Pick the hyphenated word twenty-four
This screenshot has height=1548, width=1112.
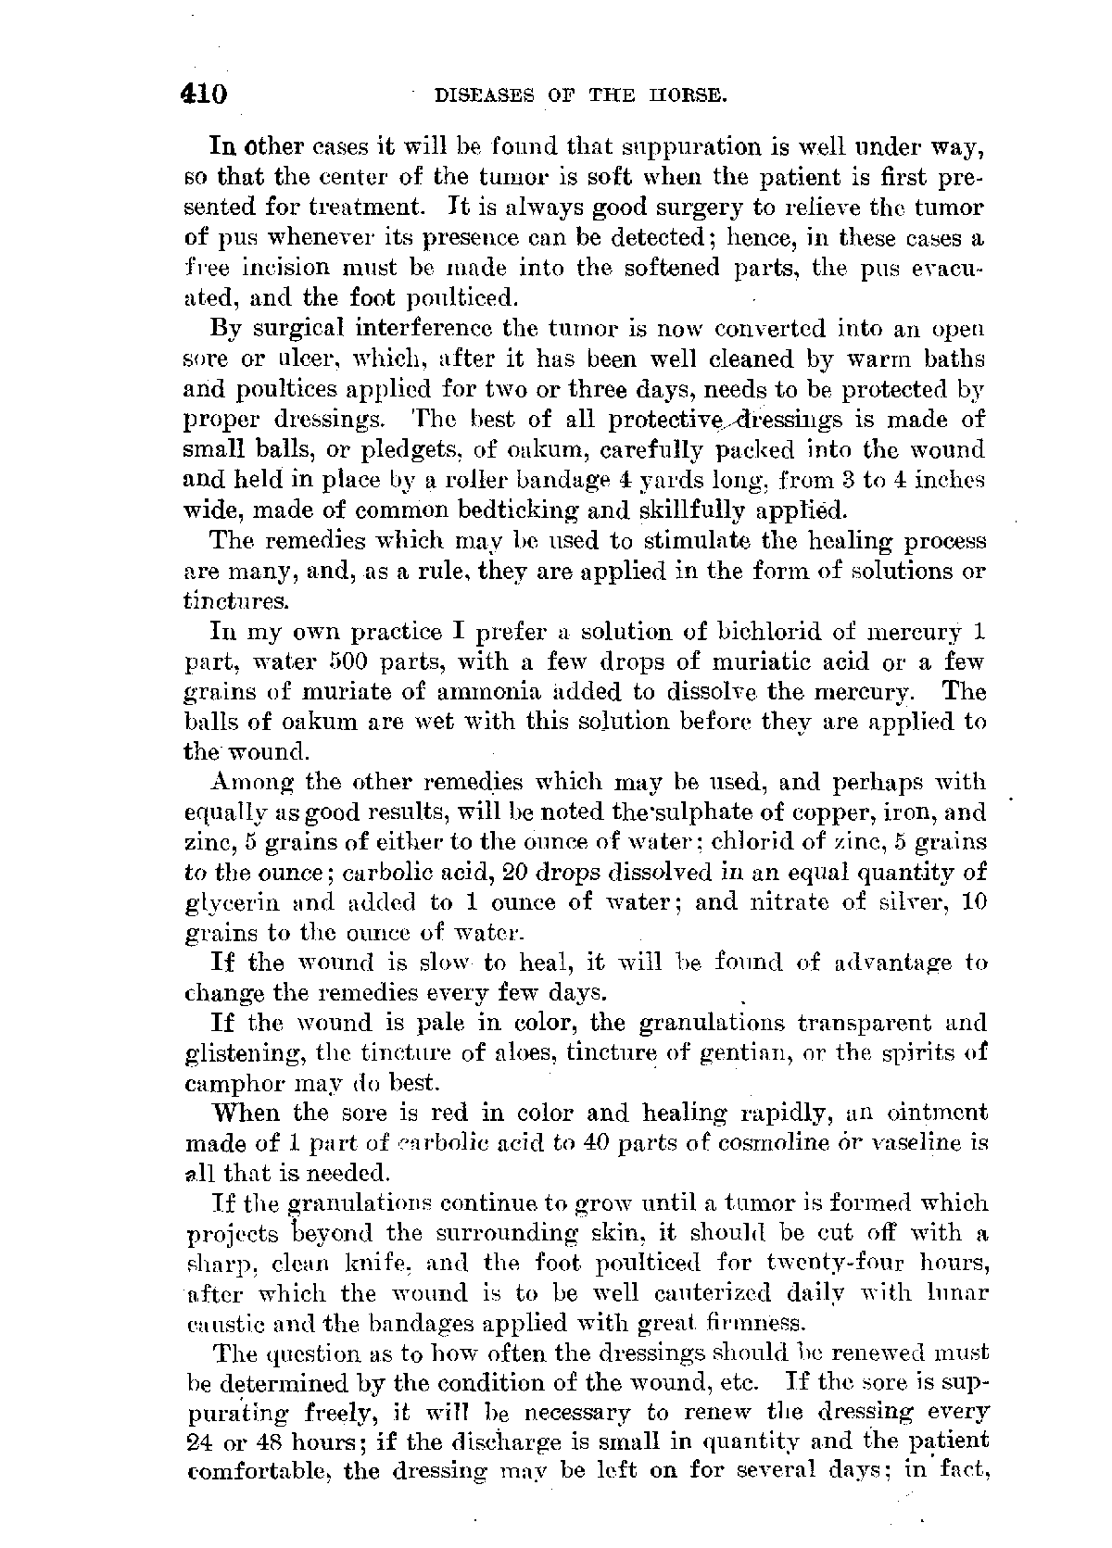(x=828, y=1264)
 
